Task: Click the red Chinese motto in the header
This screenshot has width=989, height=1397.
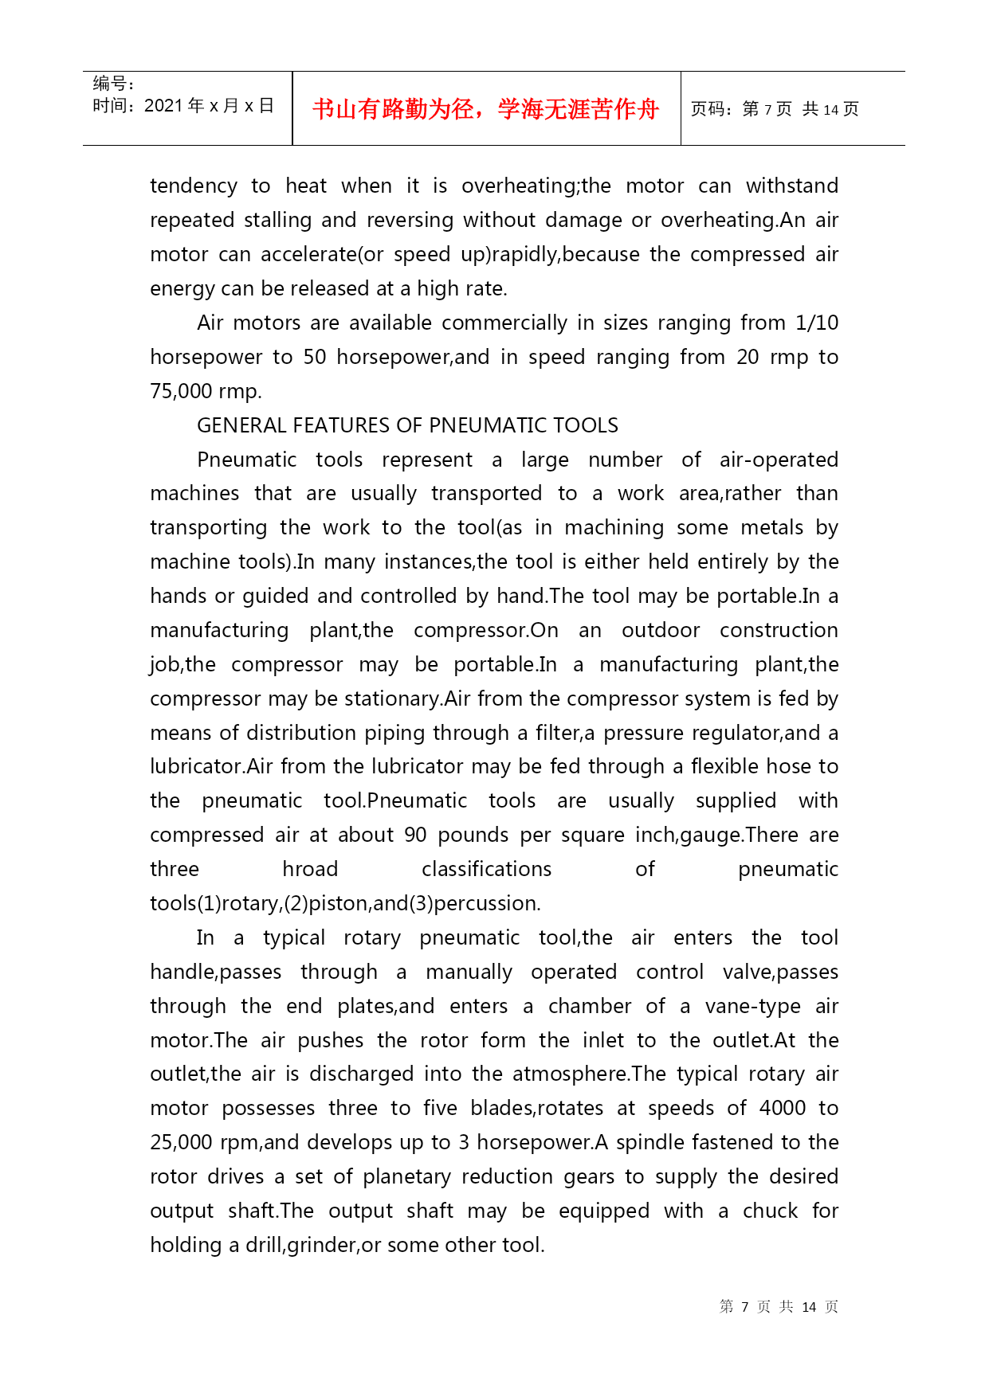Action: coord(485,109)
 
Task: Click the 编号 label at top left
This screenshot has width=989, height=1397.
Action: coord(112,84)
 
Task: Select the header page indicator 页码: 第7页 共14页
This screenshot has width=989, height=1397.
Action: coord(775,109)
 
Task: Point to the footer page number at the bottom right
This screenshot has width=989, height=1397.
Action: coord(779,1307)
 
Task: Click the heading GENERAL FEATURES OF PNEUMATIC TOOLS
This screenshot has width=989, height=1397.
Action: coord(407,425)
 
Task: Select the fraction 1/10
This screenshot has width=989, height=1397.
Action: coord(817,323)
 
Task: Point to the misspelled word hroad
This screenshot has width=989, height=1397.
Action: coord(310,869)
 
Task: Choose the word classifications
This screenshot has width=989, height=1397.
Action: coord(486,869)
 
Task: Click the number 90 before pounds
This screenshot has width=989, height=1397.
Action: coord(415,835)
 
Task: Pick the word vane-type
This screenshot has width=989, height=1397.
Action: coord(752,1006)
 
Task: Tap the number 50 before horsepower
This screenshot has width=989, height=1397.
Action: coord(315,357)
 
